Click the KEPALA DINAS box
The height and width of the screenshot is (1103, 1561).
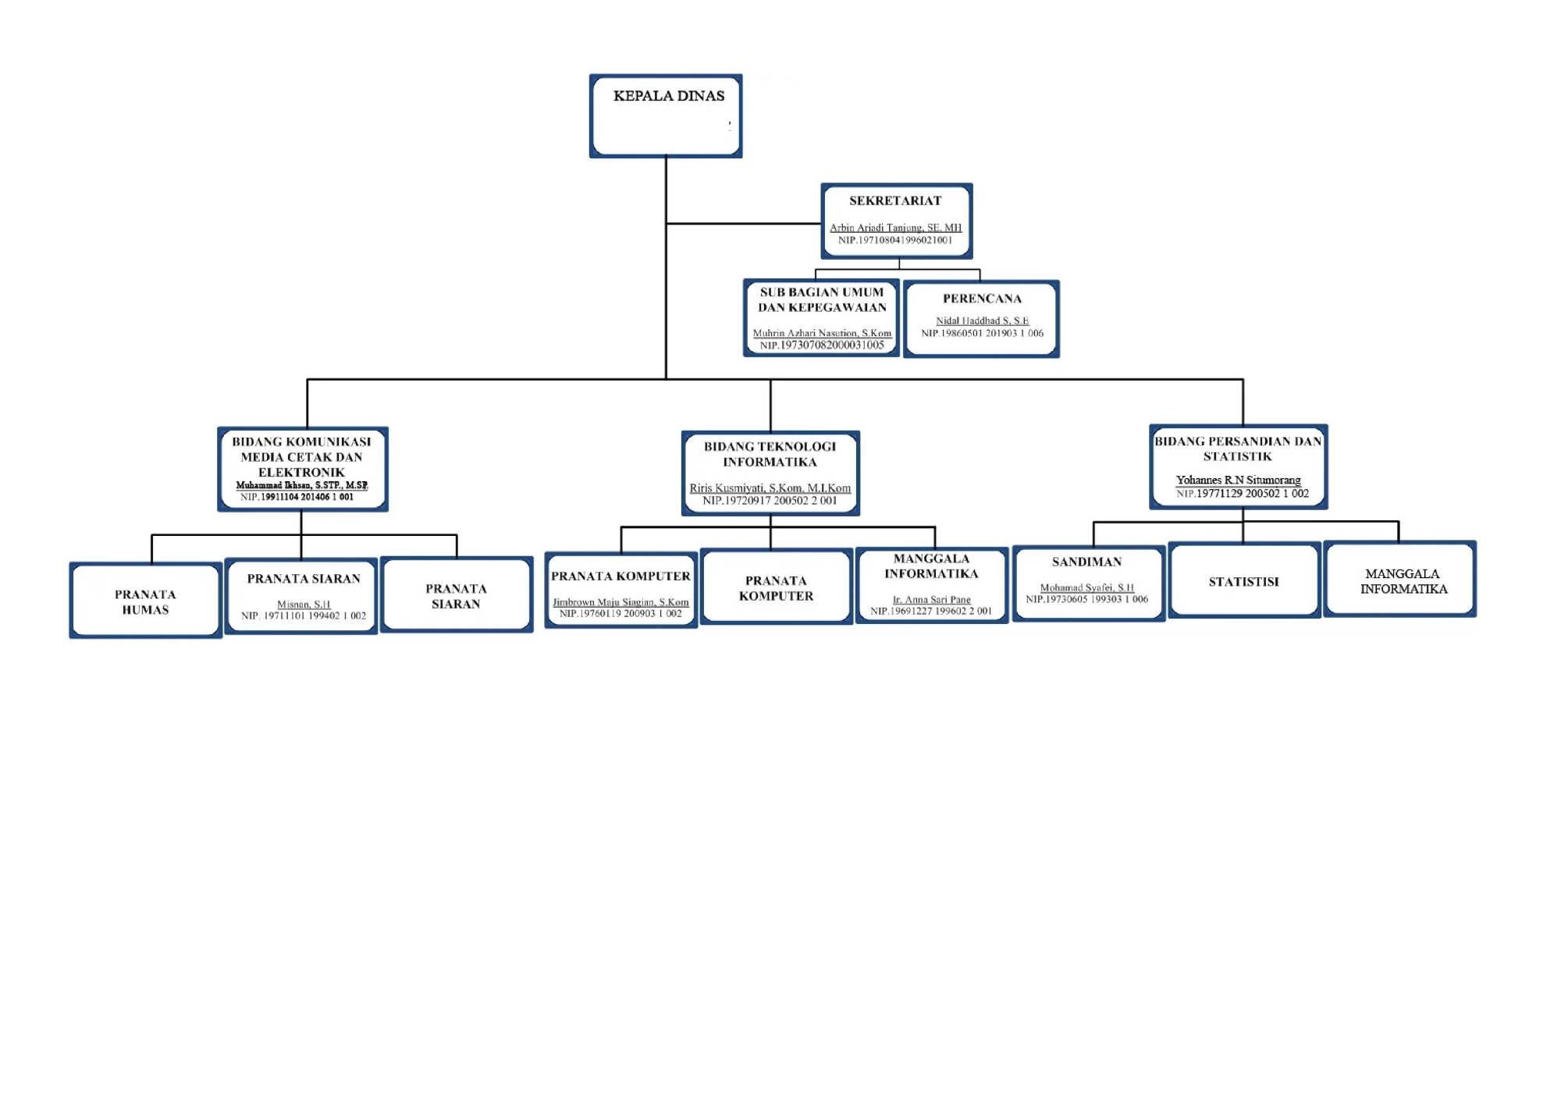pos(666,116)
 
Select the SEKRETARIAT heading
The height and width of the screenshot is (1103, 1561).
pos(895,200)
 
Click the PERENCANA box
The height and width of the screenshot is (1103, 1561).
pos(981,318)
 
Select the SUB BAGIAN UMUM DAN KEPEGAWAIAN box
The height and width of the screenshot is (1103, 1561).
pos(821,317)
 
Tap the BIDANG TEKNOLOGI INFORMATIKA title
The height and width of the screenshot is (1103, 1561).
pos(770,454)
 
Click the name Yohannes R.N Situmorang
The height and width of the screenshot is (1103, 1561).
pos(1238,480)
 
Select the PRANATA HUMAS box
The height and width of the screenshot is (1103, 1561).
pos(146,600)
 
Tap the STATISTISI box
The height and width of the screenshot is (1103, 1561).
pos(1244,580)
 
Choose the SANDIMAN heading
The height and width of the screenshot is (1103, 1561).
pos(1086,562)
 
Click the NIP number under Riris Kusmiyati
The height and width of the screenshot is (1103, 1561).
pos(770,501)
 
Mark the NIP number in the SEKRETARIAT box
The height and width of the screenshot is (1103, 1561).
pos(895,240)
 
